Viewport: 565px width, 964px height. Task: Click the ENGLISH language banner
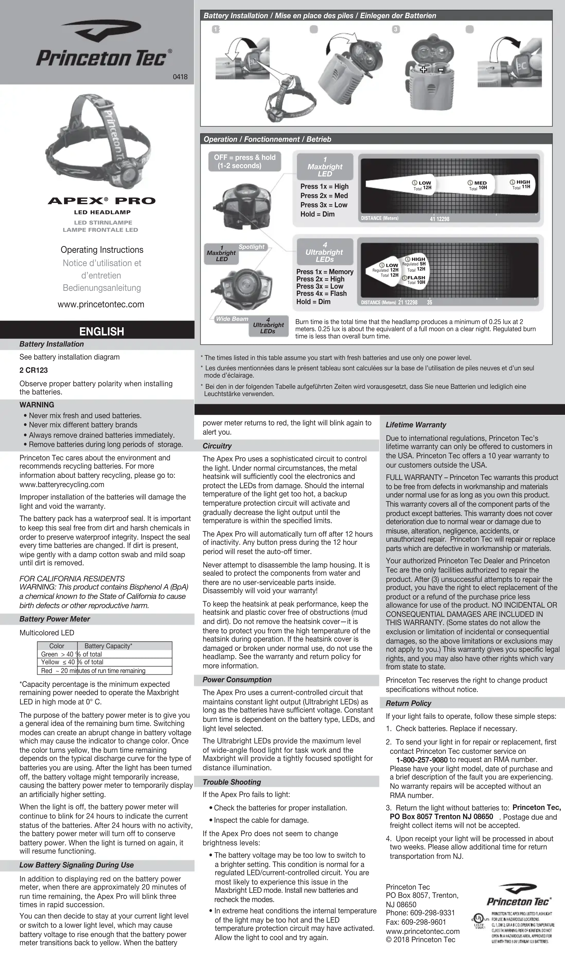pos(101,331)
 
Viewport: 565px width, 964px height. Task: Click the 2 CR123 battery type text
pos(34,370)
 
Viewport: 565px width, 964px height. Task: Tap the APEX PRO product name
pos(102,201)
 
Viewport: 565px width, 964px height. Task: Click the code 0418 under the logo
pos(180,77)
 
